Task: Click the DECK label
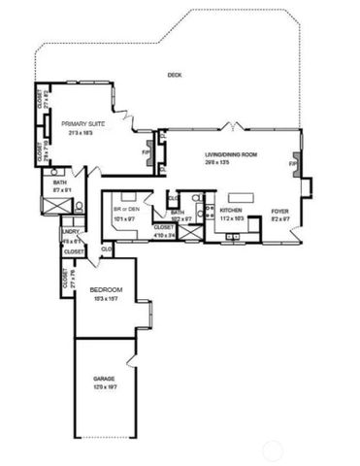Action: coord(175,75)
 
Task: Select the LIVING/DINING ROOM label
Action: coord(229,155)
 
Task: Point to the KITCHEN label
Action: coord(230,210)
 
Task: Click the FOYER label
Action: coord(280,210)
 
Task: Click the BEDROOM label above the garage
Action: coord(105,290)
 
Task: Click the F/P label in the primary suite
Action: coord(146,152)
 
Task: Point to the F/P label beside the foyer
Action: coord(292,164)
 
